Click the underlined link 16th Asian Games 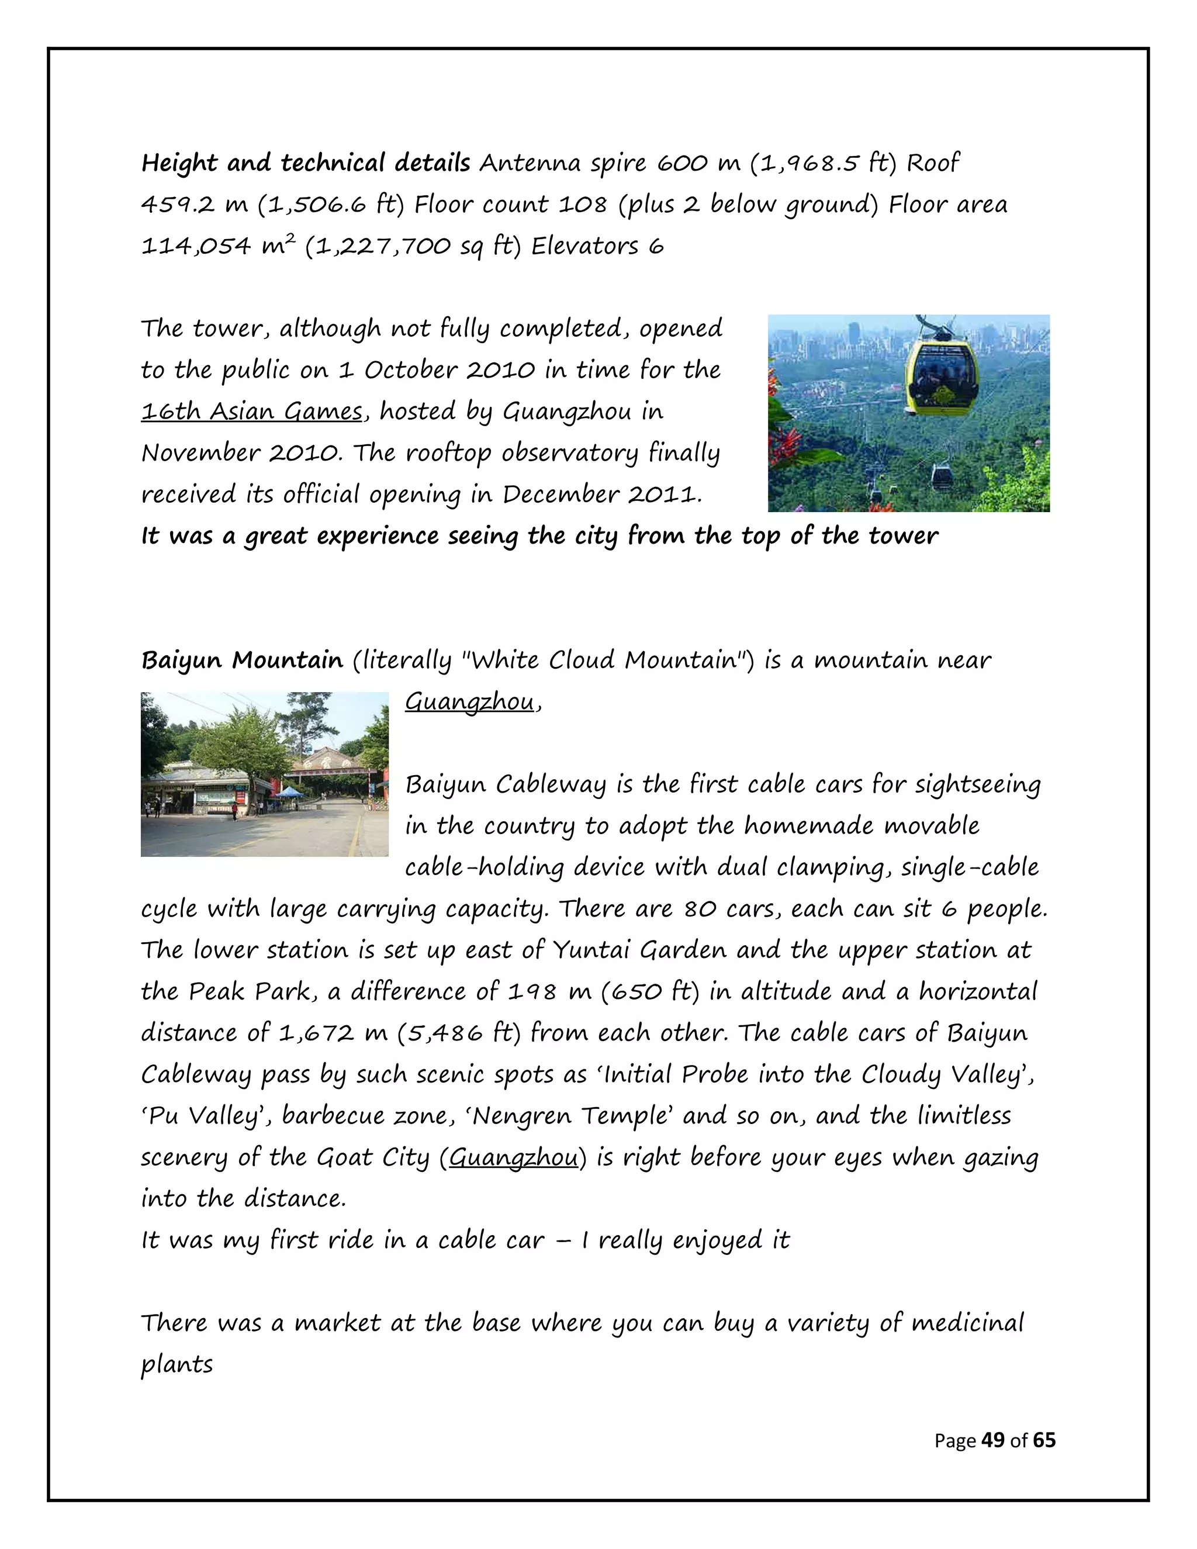pyautogui.click(x=252, y=412)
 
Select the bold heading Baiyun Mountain pyautogui.click(x=242, y=661)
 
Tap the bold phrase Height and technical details pyautogui.click(x=306, y=163)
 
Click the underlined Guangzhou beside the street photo pyautogui.click(x=469, y=702)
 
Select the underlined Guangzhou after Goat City pyautogui.click(x=513, y=1157)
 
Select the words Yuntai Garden pyautogui.click(x=639, y=950)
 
